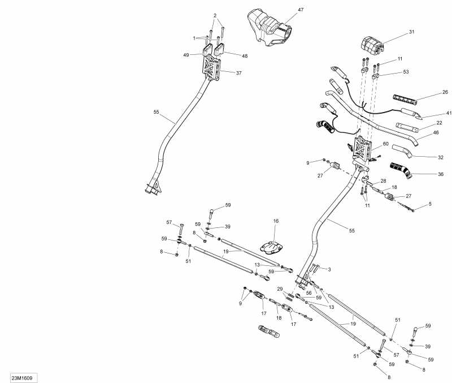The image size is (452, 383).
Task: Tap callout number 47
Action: tap(301, 11)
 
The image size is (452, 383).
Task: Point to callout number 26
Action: tap(445, 92)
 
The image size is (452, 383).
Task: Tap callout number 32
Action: tap(441, 158)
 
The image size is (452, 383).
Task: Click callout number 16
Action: tap(276, 221)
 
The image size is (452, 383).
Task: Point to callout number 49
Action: tap(186, 55)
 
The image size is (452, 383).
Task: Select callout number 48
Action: tap(245, 55)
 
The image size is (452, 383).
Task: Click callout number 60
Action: tap(386, 144)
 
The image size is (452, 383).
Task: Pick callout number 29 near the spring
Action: tap(280, 289)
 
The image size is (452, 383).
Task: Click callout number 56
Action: tap(309, 293)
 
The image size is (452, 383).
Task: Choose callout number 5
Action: tap(430, 204)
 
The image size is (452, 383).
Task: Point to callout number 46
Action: tap(436, 132)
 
